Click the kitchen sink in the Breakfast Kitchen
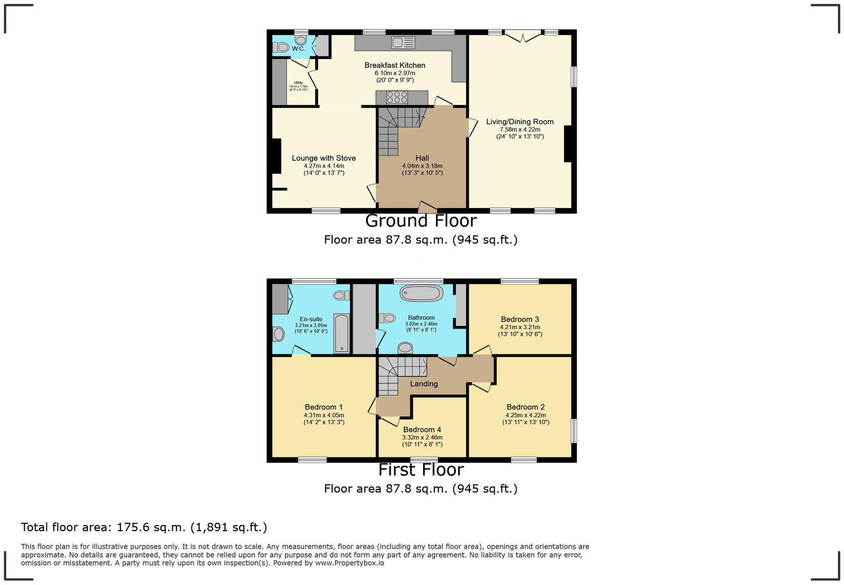(x=404, y=42)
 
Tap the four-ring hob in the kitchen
(x=397, y=97)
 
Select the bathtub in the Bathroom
(x=421, y=293)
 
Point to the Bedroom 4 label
(x=422, y=430)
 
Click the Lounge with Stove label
(x=323, y=158)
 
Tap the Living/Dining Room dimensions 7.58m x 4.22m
(x=520, y=130)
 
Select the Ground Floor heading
(x=421, y=221)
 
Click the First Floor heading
(x=421, y=470)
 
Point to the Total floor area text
(x=144, y=527)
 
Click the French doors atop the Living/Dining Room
(x=523, y=36)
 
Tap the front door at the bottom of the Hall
(x=427, y=206)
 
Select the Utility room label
(x=298, y=83)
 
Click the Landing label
(x=424, y=384)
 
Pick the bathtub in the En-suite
(x=342, y=333)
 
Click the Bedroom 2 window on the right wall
(x=573, y=431)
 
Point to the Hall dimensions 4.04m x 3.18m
(x=422, y=166)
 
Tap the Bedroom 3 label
(x=520, y=319)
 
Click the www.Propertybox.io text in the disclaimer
(x=349, y=563)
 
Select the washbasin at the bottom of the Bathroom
(x=405, y=348)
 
